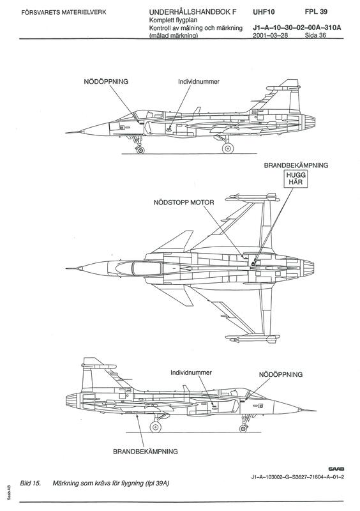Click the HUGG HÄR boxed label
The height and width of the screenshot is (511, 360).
coord(295,179)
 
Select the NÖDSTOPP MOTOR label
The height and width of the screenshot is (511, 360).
coord(184,202)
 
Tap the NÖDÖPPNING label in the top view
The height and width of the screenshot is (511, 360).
coord(106,82)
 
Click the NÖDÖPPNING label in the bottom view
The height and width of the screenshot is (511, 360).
coord(280,374)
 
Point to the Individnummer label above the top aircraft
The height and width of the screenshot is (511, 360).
coord(199,82)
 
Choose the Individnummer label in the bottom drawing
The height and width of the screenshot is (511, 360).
coord(191,372)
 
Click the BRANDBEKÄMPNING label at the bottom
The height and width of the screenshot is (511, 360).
coord(146,452)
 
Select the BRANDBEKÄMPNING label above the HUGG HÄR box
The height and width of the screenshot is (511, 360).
coord(296,165)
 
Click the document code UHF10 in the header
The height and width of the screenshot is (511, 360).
coord(264,12)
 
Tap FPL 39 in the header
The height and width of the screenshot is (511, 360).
coord(316,11)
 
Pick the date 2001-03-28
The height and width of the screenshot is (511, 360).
coord(271,35)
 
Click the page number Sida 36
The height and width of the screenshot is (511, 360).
coord(315,35)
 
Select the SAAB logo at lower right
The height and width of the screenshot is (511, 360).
coord(336,469)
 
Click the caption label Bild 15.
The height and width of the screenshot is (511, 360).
coord(30,483)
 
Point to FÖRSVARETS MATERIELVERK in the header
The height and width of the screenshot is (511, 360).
coord(64,13)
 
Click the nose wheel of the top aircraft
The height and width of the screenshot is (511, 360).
coord(140,150)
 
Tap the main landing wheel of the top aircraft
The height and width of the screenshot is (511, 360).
coord(228,148)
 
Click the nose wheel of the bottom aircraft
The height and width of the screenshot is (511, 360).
coord(243,428)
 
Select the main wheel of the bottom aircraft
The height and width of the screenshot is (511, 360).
coord(155,426)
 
